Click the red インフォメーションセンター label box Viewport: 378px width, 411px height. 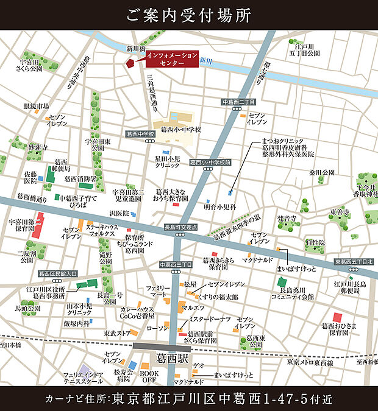pyautogui.click(x=171, y=59)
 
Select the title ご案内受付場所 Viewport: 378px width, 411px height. pyautogui.click(x=188, y=15)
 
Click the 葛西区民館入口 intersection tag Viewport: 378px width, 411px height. pyautogui.click(x=57, y=274)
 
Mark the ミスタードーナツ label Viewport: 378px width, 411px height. pyautogui.click(x=209, y=319)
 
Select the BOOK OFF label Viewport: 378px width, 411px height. pyautogui.click(x=149, y=376)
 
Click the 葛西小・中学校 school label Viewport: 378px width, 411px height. pyautogui.click(x=181, y=130)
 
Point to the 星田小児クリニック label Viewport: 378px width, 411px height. pyautogui.click(x=167, y=161)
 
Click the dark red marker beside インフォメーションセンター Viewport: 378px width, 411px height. pyautogui.click(x=130, y=63)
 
